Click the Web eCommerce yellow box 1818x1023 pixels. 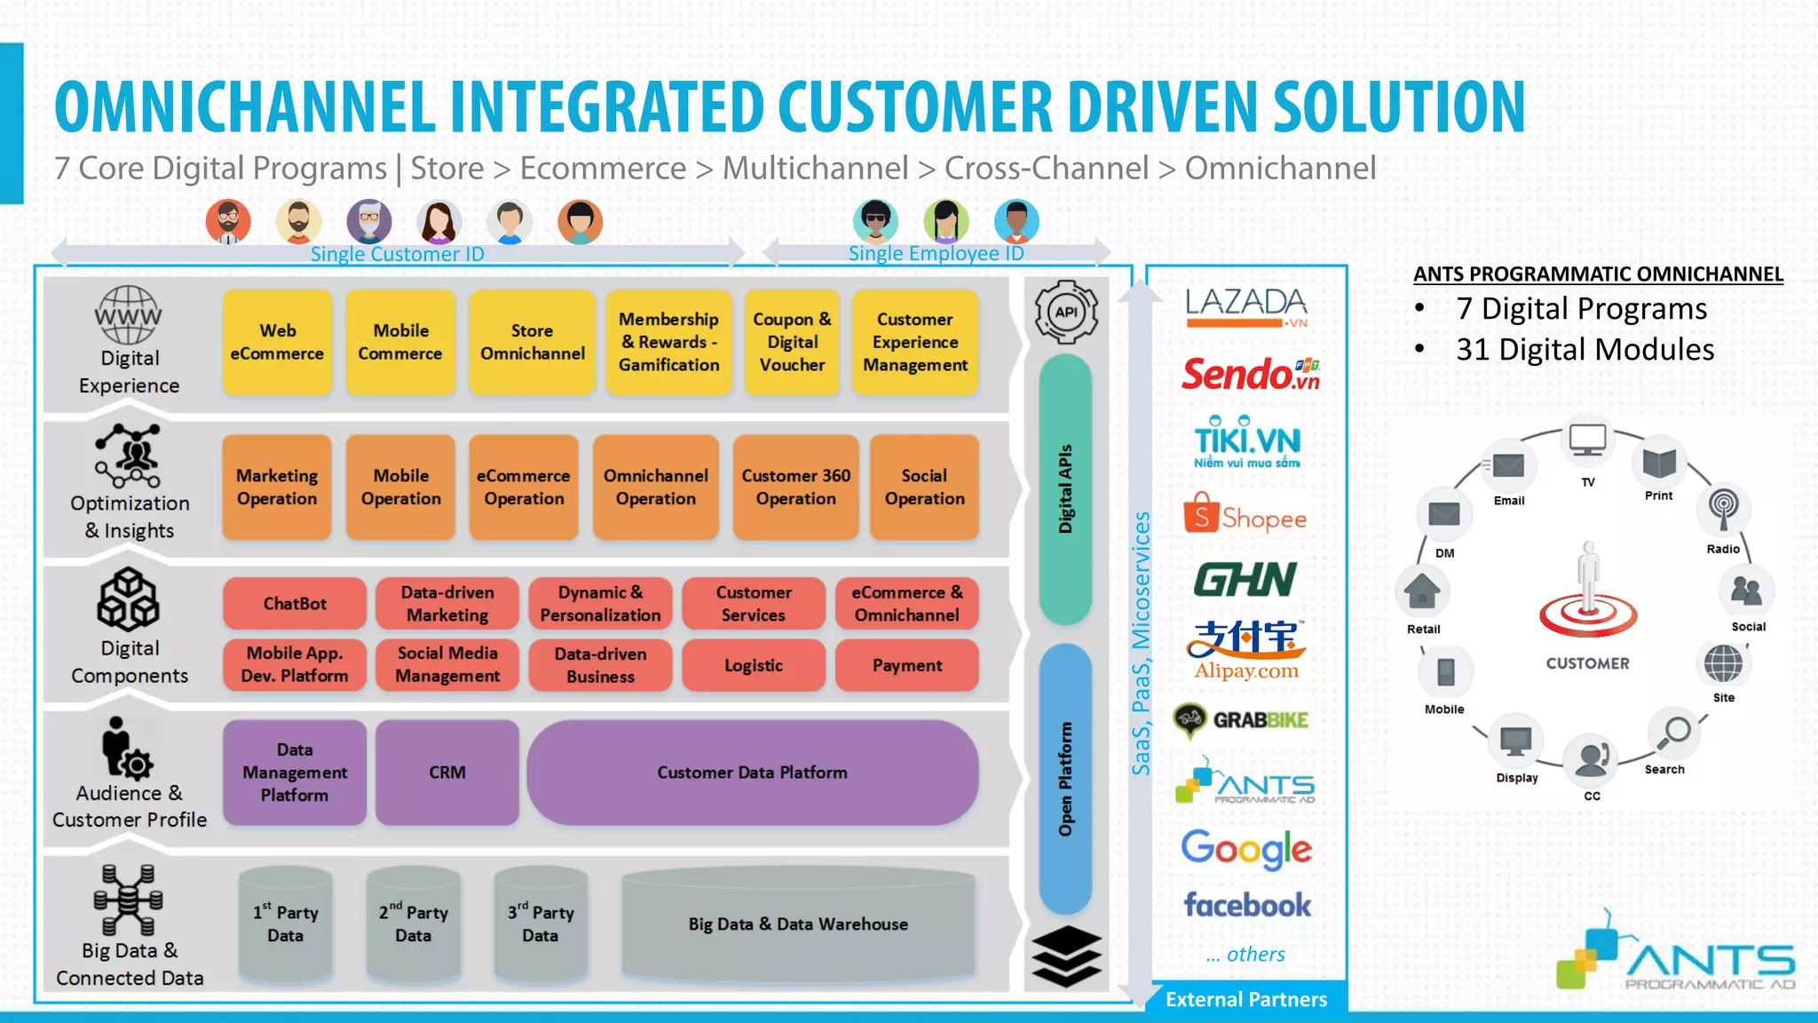pyautogui.click(x=277, y=343)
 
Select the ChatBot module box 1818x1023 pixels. pyautogui.click(x=295, y=604)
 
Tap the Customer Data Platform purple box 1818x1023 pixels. pyautogui.click(x=752, y=773)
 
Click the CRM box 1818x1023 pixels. pyautogui.click(x=447, y=773)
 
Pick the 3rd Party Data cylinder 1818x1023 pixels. pyautogui.click(x=541, y=924)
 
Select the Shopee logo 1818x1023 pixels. pyautogui.click(x=1245, y=515)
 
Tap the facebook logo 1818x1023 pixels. pyautogui.click(x=1246, y=905)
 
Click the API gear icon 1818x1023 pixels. pyautogui.click(x=1066, y=313)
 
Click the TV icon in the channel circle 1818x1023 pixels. pyautogui.click(x=1587, y=440)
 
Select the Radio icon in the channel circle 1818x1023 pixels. pyautogui.click(x=1723, y=508)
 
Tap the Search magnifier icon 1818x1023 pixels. pyautogui.click(x=1675, y=732)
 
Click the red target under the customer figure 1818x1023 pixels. pyautogui.click(x=1588, y=615)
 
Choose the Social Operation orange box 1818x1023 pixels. pyautogui.click(x=924, y=488)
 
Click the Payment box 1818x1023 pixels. pyautogui.click(x=906, y=665)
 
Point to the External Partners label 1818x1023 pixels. pyautogui.click(x=1246, y=999)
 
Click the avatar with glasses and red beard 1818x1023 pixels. pyautogui.click(x=228, y=222)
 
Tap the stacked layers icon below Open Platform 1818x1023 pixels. pyautogui.click(x=1066, y=956)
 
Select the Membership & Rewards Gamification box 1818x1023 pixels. pyautogui.click(x=668, y=343)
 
